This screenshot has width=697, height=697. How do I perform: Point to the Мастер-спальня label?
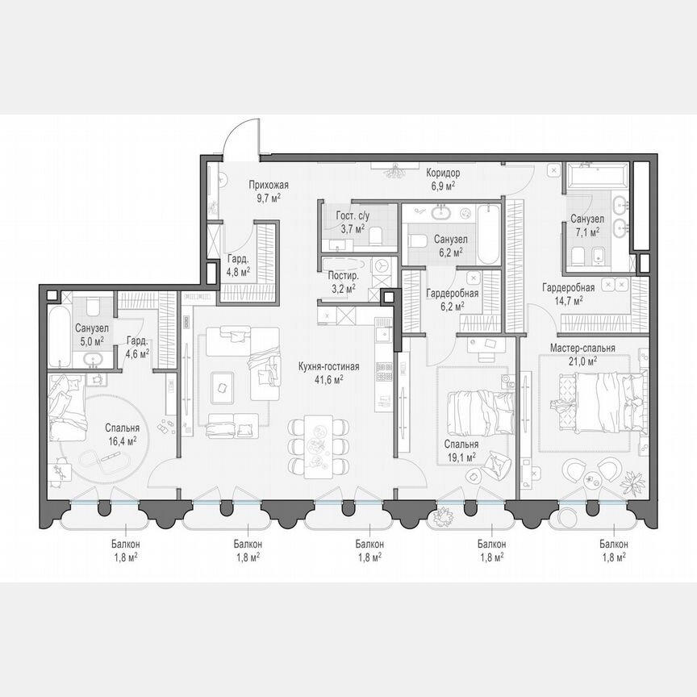coord(582,348)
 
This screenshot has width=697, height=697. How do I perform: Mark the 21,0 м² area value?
coord(582,361)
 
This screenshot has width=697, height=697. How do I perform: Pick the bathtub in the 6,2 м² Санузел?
coord(489,234)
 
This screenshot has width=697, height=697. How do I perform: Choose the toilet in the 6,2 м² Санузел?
coord(417,241)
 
